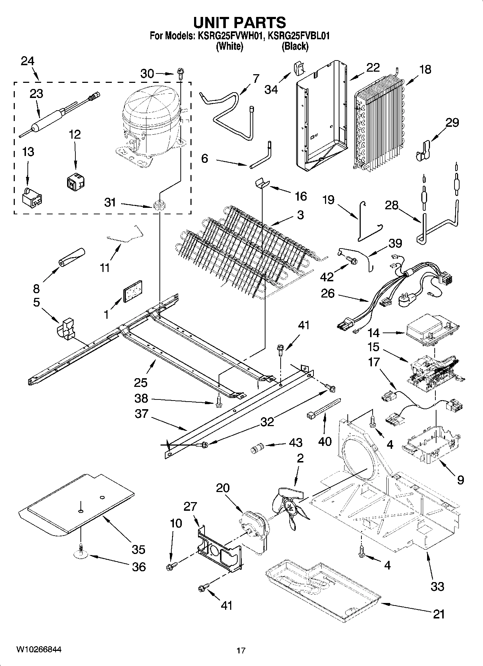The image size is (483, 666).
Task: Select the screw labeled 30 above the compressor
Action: (x=180, y=75)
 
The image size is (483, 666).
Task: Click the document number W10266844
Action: (x=39, y=649)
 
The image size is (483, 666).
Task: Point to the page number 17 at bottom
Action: (x=241, y=651)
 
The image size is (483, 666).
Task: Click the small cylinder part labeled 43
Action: (x=258, y=449)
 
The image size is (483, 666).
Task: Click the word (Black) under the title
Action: (x=295, y=46)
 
